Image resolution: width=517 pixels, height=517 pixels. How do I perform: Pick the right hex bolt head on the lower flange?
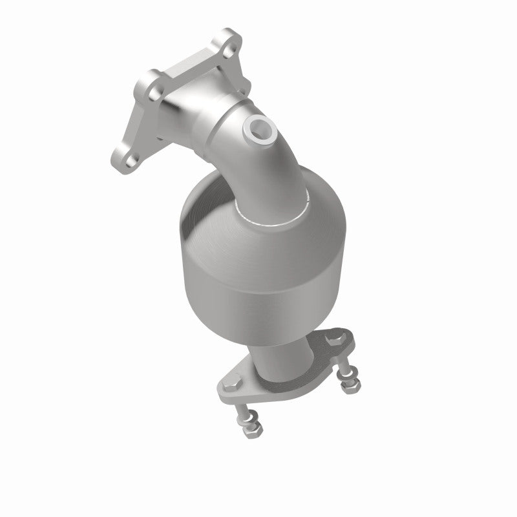point(334,338)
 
